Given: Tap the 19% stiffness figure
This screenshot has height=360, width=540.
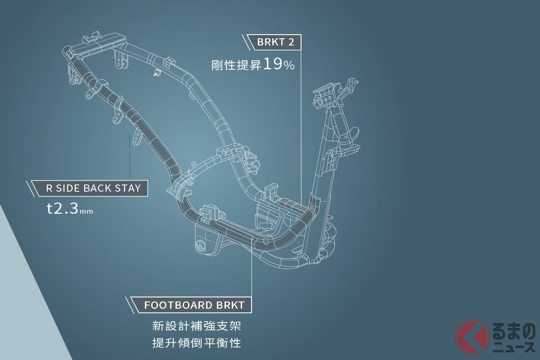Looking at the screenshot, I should click(x=279, y=64).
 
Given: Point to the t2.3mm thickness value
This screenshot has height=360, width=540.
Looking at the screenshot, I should click(x=70, y=210).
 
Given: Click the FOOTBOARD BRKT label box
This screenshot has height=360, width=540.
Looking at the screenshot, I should click(x=194, y=305).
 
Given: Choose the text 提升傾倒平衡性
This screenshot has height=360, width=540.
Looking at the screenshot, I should click(x=197, y=343).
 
